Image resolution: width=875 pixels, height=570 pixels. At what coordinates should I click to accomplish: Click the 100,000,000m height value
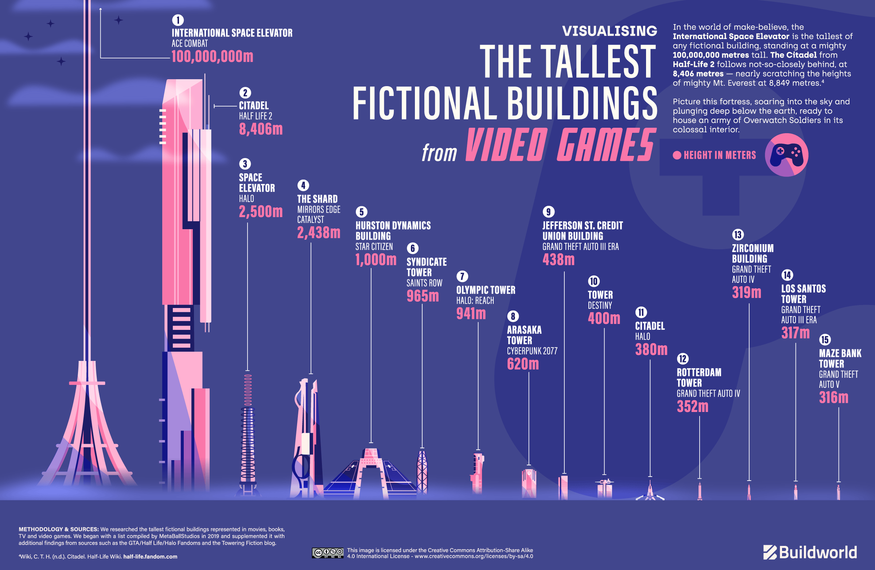212,56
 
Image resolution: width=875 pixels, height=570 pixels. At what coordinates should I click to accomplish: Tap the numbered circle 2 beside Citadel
245,93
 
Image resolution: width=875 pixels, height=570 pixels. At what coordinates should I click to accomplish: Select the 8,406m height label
261,129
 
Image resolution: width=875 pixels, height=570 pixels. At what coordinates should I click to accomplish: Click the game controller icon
786,155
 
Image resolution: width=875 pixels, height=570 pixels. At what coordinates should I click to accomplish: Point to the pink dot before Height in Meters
677,155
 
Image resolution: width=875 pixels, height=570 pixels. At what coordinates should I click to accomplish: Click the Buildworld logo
810,552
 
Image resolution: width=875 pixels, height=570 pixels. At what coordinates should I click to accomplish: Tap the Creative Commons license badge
327,553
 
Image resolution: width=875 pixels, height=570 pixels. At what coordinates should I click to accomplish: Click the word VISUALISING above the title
610,31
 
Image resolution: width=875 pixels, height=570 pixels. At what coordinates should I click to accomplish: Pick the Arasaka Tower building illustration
529,482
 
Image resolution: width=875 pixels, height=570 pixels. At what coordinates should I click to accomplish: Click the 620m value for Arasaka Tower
523,364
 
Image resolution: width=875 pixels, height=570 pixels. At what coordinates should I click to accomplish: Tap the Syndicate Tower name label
427,267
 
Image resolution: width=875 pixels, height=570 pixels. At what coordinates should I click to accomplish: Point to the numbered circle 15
825,340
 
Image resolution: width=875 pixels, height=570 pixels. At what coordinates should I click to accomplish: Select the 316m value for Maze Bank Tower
833,398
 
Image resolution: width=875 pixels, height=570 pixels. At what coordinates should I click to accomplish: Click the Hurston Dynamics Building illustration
370,474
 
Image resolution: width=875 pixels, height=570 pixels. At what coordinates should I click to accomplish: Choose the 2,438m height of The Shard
319,232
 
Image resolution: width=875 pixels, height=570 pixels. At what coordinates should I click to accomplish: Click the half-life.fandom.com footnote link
150,557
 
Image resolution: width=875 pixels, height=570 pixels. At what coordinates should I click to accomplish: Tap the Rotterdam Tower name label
699,377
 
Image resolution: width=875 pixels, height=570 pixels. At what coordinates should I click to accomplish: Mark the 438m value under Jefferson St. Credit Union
559,260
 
